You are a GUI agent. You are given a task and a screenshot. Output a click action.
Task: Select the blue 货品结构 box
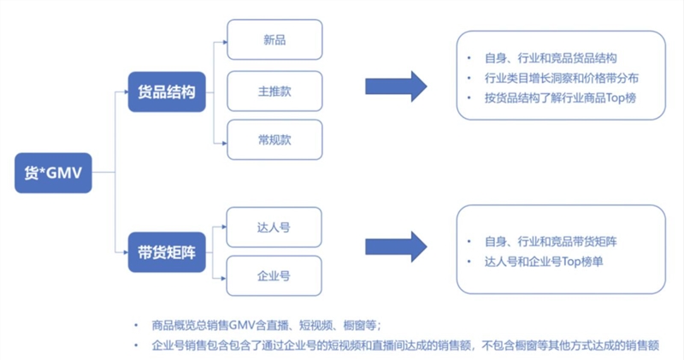(x=167, y=91)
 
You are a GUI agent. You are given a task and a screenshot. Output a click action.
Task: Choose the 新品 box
(x=275, y=39)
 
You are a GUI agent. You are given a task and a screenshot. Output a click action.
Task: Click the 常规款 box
(x=275, y=139)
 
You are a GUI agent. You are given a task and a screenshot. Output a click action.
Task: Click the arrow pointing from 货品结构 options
(x=396, y=85)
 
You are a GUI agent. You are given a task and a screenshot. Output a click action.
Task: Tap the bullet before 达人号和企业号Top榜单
(x=471, y=261)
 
